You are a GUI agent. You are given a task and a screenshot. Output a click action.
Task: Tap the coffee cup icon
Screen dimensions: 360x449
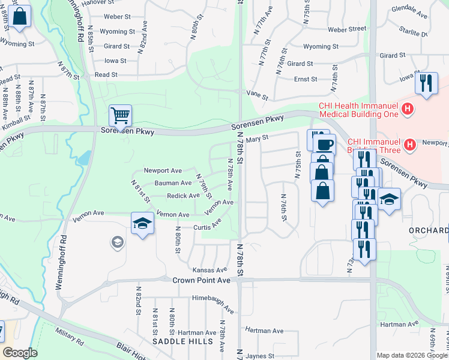(324, 145)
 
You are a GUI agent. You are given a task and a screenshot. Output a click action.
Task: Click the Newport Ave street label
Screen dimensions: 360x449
(163, 171)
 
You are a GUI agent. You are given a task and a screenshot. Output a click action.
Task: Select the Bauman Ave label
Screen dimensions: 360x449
(173, 183)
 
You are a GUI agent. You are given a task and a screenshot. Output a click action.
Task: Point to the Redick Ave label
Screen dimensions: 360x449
(183, 196)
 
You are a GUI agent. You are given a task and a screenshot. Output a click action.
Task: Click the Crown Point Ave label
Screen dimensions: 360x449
(201, 280)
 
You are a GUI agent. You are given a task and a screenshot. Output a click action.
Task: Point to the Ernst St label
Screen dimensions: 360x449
(306, 79)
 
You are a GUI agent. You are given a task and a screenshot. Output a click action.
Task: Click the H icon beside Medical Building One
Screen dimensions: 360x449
(408, 109)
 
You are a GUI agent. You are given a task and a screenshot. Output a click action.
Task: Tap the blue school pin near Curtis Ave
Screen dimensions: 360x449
(142, 224)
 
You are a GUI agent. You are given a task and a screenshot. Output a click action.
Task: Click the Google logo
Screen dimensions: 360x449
(20, 353)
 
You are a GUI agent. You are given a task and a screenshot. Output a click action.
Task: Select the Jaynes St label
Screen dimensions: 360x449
(260, 356)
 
